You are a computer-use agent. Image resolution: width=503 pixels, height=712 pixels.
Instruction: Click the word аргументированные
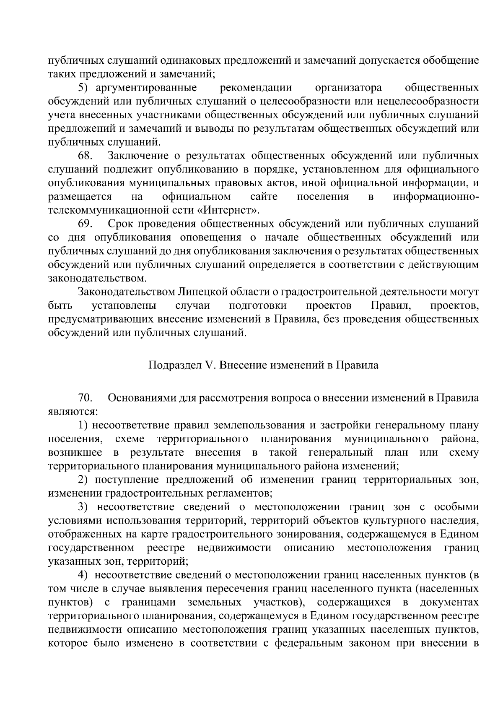click(x=146, y=88)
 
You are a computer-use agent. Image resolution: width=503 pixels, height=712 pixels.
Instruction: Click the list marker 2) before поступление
click(x=84, y=480)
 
